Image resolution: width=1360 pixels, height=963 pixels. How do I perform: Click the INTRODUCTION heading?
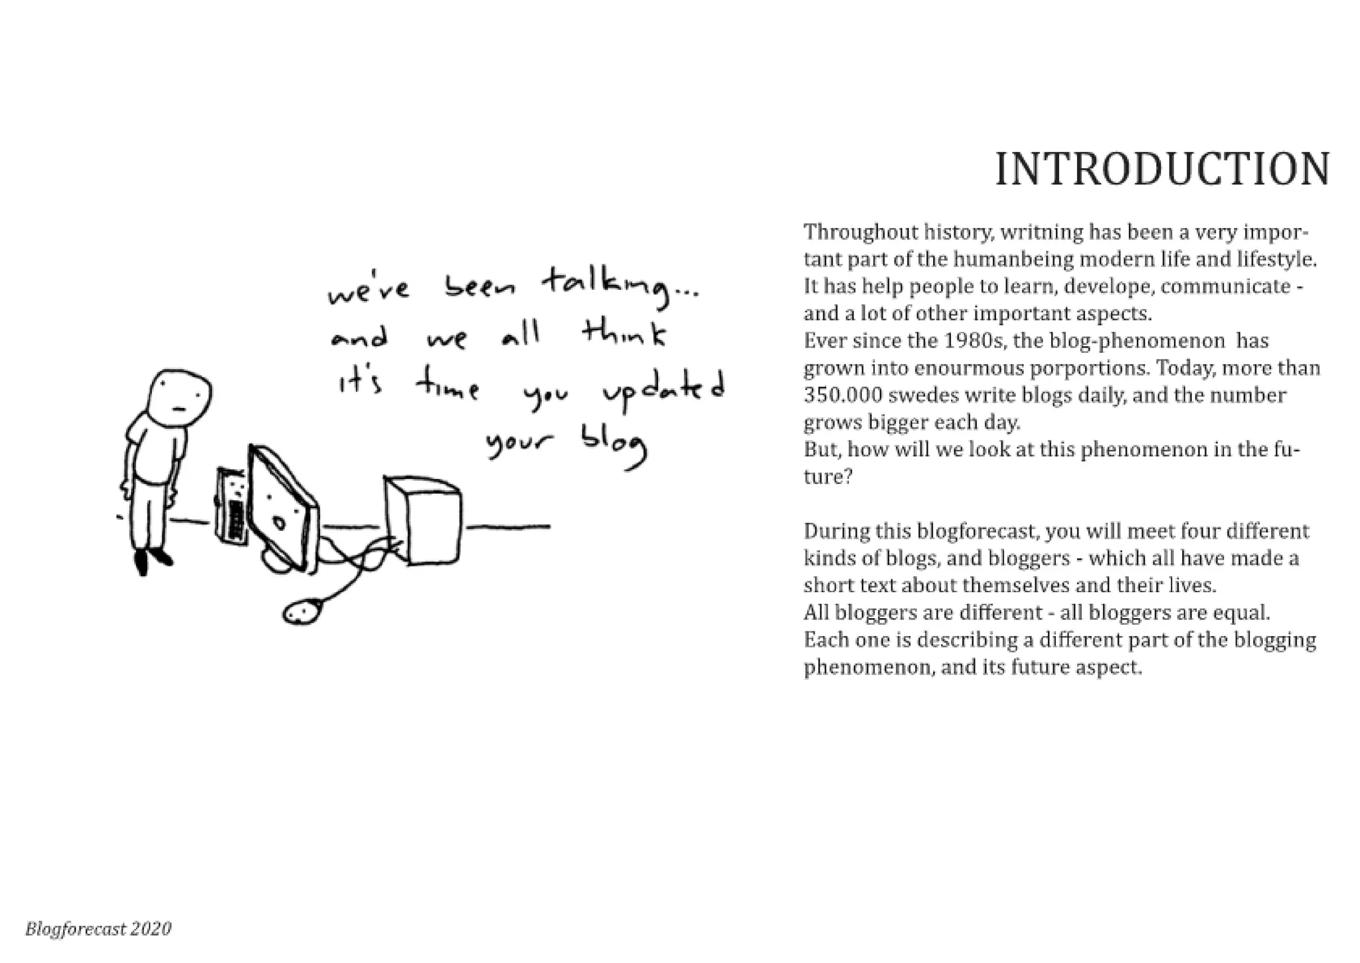[1162, 169]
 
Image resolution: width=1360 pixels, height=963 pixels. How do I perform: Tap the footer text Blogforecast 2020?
[98, 928]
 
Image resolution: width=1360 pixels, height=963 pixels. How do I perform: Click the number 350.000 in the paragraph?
[843, 395]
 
